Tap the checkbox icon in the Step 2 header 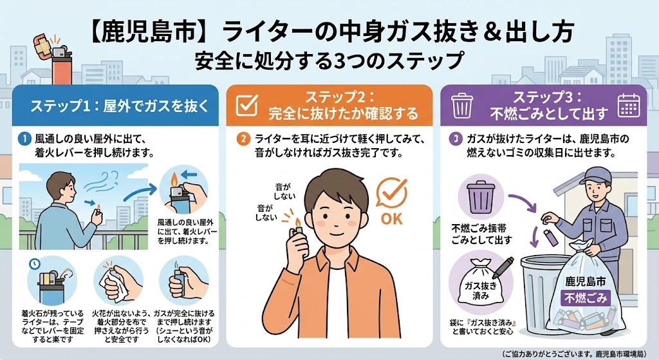coord(246,105)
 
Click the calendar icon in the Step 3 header coord(629,105)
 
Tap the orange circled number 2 coord(243,139)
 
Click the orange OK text coord(392,219)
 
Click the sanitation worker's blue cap coord(597,175)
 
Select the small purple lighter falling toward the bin coord(552,238)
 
